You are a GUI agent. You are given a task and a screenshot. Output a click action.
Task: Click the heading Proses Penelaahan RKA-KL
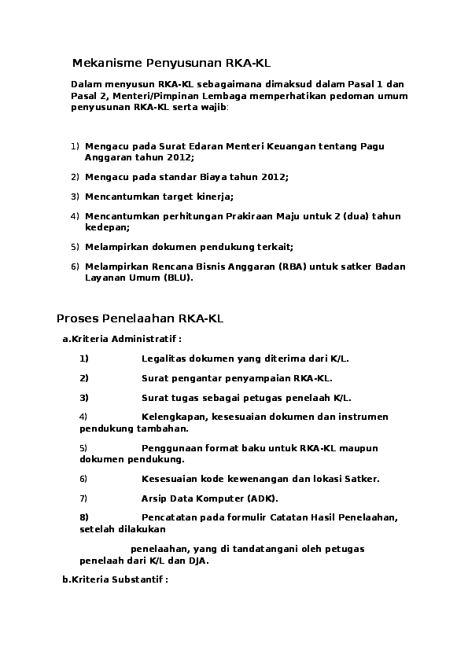pos(141,318)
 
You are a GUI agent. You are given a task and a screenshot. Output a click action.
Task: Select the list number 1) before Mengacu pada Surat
pos(76,146)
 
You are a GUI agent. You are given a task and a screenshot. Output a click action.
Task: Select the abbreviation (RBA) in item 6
pos(293,267)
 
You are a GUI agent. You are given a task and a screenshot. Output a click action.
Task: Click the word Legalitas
pos(165,359)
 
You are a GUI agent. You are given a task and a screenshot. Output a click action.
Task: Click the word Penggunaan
pos(173,448)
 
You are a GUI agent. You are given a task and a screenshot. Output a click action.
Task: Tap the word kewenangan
pos(253,479)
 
